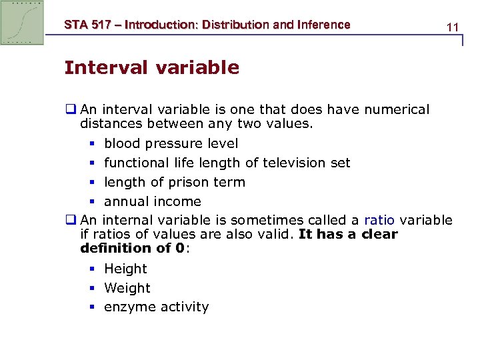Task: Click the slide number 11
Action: [x=453, y=27]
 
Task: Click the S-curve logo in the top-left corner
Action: [x=23, y=22]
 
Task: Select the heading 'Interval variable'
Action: [x=151, y=68]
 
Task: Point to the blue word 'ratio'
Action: [x=379, y=221]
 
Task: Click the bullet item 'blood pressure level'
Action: [x=171, y=143]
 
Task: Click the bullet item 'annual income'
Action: [x=153, y=201]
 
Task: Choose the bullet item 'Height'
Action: [x=125, y=269]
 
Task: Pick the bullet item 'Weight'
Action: [x=127, y=288]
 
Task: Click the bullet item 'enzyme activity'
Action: [x=157, y=307]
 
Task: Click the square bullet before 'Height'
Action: [x=92, y=269]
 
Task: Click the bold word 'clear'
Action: [x=378, y=234]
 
